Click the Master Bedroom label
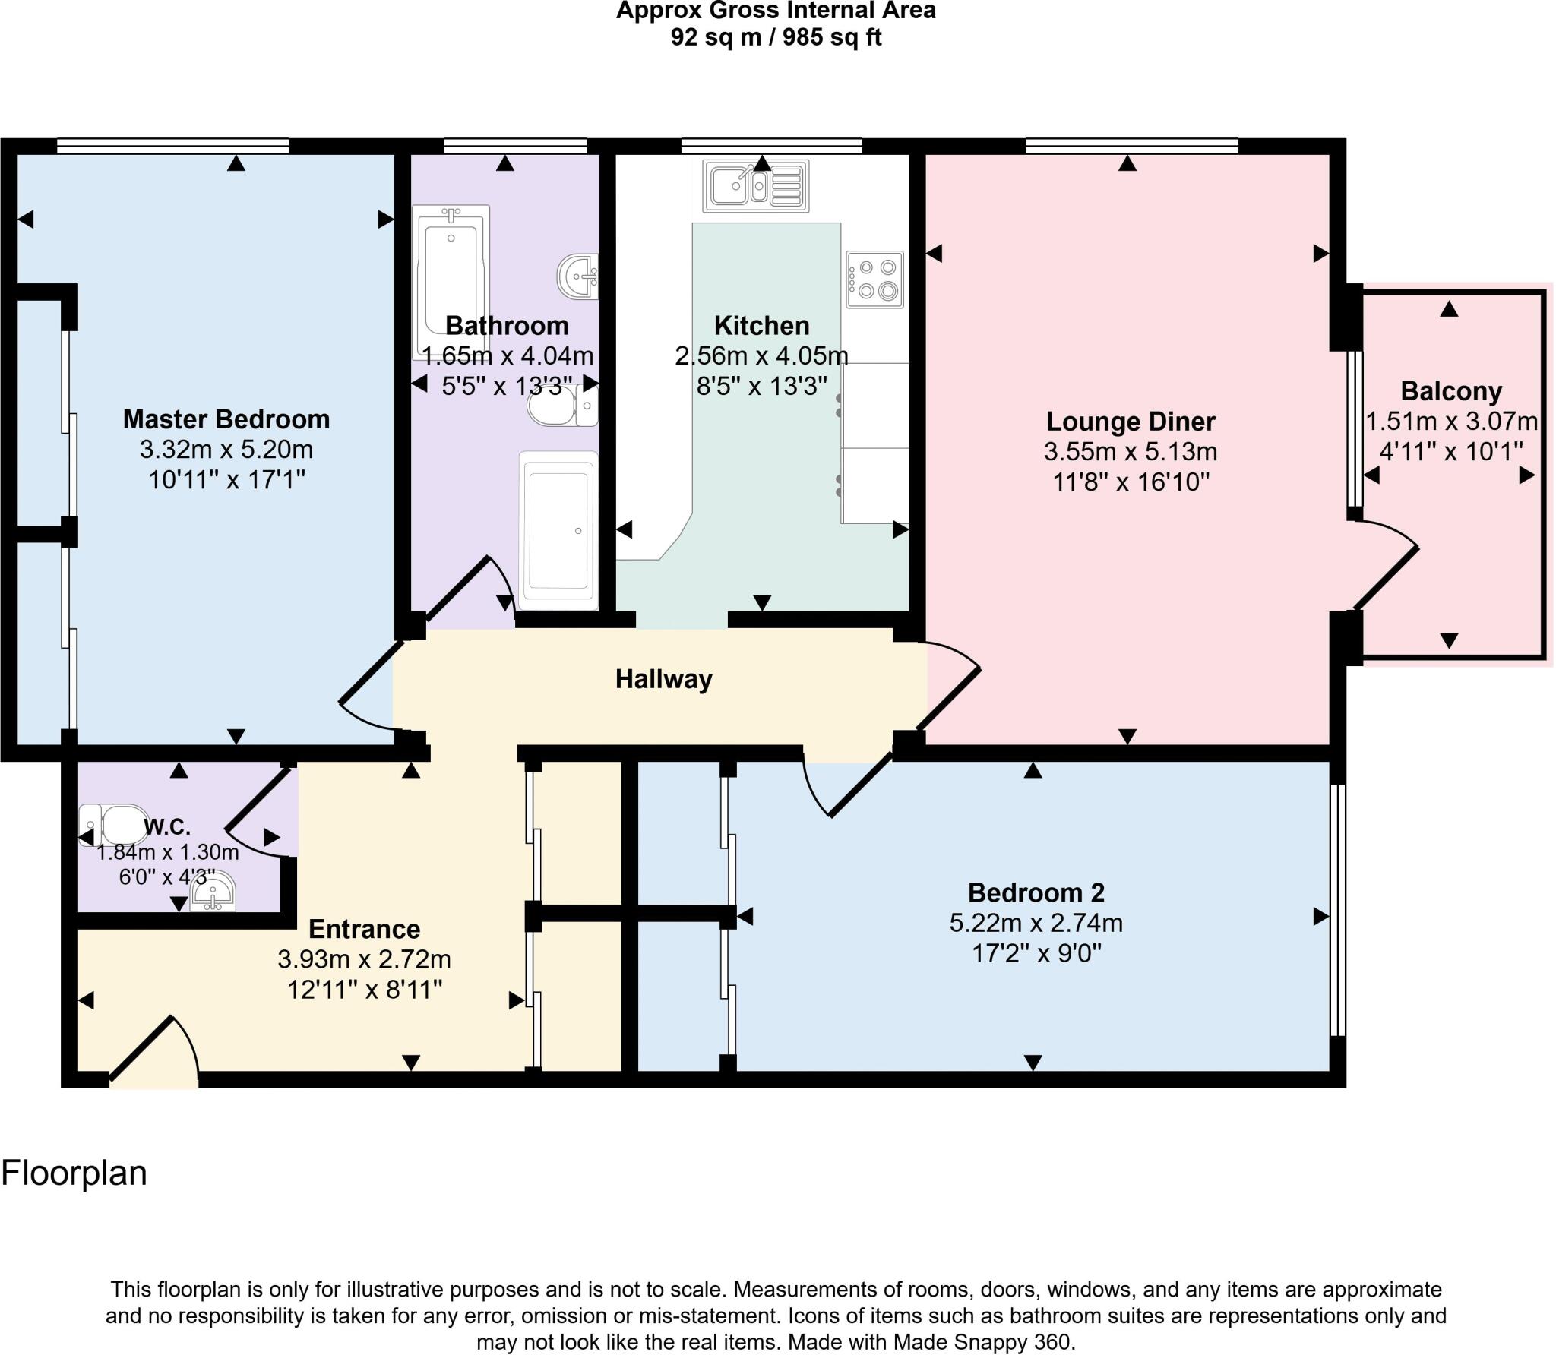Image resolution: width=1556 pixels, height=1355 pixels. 226,419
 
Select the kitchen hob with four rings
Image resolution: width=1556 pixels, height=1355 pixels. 874,280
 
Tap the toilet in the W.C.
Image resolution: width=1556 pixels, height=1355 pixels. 114,825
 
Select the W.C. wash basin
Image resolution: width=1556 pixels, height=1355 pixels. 213,891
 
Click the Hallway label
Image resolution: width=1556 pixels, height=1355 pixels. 663,679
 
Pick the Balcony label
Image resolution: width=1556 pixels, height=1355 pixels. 1450,391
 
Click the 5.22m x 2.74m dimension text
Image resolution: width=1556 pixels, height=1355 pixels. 1036,923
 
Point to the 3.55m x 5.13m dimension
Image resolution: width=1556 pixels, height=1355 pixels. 1130,452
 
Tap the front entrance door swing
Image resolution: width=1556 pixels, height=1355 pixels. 156,1052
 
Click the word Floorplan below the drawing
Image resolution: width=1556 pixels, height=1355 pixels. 74,1173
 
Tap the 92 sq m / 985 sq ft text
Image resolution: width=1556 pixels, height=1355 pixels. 775,37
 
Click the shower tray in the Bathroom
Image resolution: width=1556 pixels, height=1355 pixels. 558,530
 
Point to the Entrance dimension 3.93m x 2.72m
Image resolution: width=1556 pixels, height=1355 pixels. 364,959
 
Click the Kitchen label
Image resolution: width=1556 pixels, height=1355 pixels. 761,326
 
